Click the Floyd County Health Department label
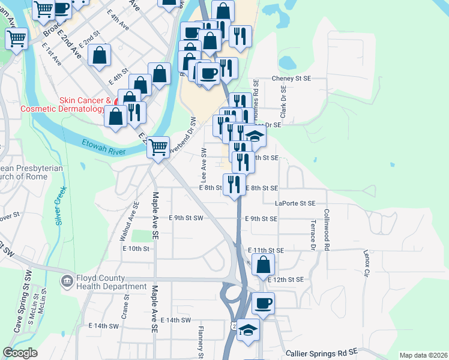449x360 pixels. [x=111, y=282]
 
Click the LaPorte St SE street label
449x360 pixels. [x=295, y=203]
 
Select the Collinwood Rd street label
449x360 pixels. [x=327, y=230]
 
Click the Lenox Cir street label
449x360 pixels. [x=366, y=265]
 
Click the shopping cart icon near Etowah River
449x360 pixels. [x=158, y=146]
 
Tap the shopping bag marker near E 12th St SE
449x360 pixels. [x=264, y=264]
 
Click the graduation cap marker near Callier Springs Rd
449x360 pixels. [x=248, y=330]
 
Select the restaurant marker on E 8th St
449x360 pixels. [x=234, y=184]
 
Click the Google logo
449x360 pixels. [x=20, y=353]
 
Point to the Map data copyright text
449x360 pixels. [x=423, y=355]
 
